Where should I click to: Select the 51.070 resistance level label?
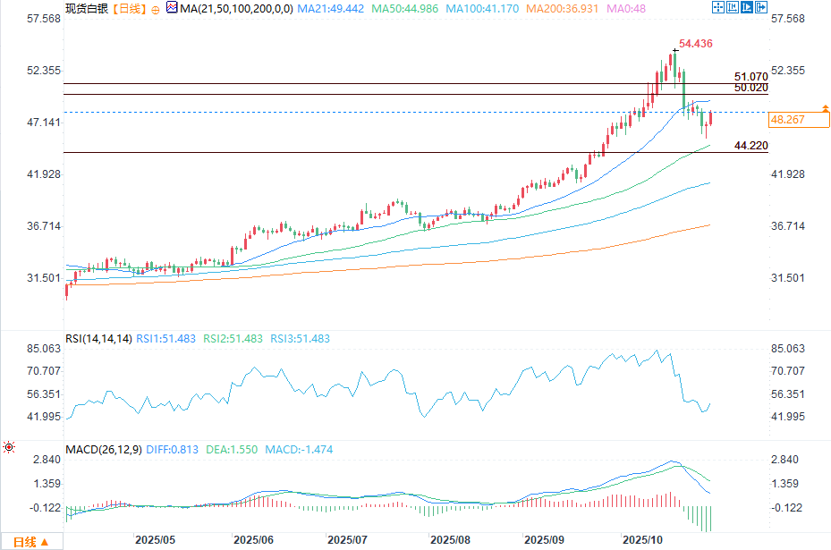tap(750, 78)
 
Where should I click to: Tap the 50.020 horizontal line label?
tap(750, 89)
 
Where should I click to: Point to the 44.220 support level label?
tap(750, 145)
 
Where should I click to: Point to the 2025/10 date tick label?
tap(640, 541)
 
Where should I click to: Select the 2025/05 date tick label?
tap(154, 541)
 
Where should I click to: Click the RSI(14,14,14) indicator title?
tap(98, 339)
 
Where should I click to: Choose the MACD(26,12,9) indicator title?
tap(103, 450)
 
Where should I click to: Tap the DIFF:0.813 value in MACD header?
tap(174, 450)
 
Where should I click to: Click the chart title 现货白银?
tap(84, 8)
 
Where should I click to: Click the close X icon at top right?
tap(761, 7)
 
